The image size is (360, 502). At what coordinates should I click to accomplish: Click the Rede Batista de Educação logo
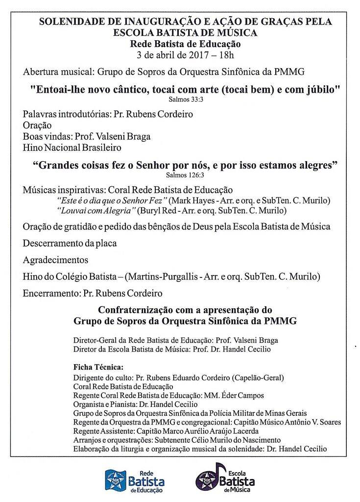pyautogui.click(x=134, y=481)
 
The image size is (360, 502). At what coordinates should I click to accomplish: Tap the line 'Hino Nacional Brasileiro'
pyautogui.click(x=72, y=147)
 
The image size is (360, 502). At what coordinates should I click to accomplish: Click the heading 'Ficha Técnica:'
pyautogui.click(x=98, y=367)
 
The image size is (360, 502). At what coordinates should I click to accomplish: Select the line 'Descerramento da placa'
pyautogui.click(x=70, y=243)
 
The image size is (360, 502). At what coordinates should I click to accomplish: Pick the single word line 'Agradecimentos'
pyautogui.click(x=55, y=260)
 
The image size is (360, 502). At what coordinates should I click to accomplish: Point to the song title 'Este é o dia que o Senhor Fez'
pyautogui.click(x=113, y=201)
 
